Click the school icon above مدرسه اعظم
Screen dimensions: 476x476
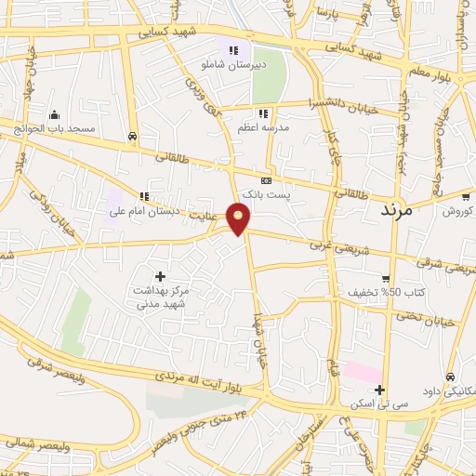point(263,113)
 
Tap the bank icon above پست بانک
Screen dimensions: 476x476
point(266,180)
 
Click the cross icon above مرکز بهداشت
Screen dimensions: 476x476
point(161,276)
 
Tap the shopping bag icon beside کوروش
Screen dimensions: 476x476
point(464,197)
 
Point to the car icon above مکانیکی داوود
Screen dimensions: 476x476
point(451,377)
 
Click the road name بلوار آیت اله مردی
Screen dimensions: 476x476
point(187,377)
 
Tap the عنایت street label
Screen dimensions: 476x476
point(213,214)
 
